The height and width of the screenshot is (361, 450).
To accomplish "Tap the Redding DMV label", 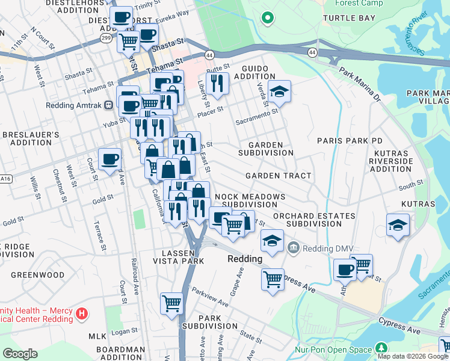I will click(318, 247).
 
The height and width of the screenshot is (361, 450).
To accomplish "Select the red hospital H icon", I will click(83, 313).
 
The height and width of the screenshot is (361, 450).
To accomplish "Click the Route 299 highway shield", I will click(105, 37).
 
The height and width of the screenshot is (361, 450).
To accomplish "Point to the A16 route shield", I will click(5, 178).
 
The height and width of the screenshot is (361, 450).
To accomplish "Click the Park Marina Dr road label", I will click(360, 84).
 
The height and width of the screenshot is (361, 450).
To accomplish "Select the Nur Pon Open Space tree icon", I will click(380, 348).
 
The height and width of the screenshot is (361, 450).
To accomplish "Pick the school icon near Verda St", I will click(279, 91).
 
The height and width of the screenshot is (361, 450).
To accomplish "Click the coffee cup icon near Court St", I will click(109, 159).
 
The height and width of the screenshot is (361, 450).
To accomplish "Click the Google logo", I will click(20, 354).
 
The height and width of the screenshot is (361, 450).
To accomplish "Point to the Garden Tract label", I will click(278, 176).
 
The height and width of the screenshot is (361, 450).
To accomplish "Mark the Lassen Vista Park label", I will click(179, 257).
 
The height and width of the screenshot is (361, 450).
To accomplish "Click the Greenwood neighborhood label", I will click(39, 275).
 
